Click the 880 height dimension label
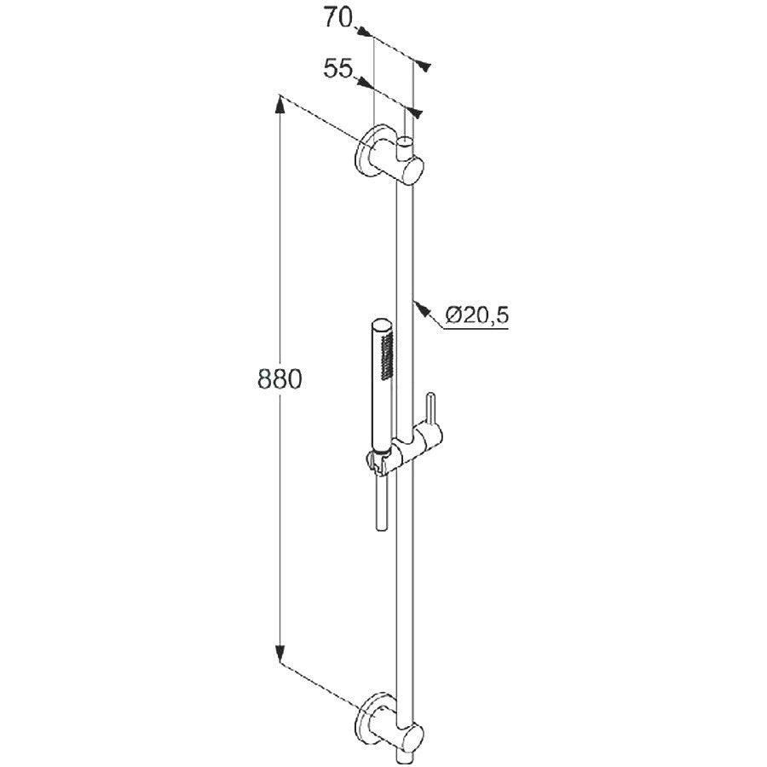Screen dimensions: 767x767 click(280, 378)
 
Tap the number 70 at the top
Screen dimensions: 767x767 click(337, 19)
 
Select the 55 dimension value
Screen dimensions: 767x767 click(337, 69)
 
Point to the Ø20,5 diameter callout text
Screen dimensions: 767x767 click(477, 315)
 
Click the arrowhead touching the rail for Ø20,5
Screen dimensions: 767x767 click(422, 308)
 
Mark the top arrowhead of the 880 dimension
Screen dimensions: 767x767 click(280, 104)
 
